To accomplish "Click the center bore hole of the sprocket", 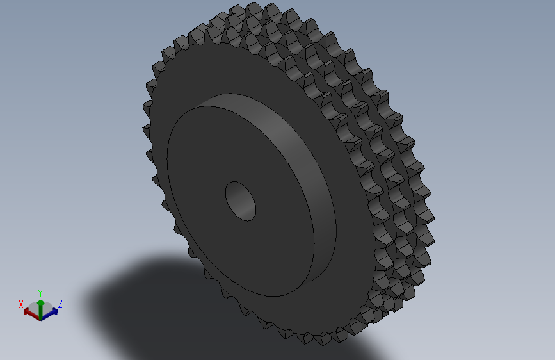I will (240, 200).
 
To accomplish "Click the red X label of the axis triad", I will (21, 304).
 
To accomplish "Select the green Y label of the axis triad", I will (40, 292).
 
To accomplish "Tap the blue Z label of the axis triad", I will (60, 304).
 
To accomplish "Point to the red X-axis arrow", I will (29, 313).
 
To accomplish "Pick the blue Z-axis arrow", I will (51, 313).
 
